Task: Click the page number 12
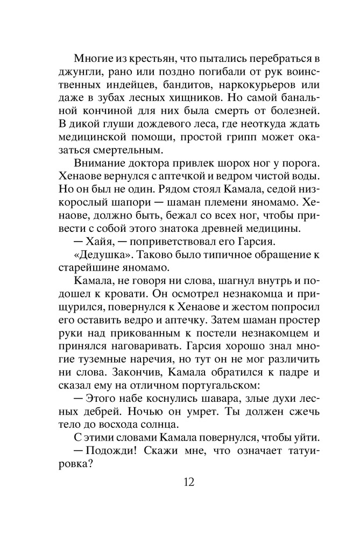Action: (x=187, y=481)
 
